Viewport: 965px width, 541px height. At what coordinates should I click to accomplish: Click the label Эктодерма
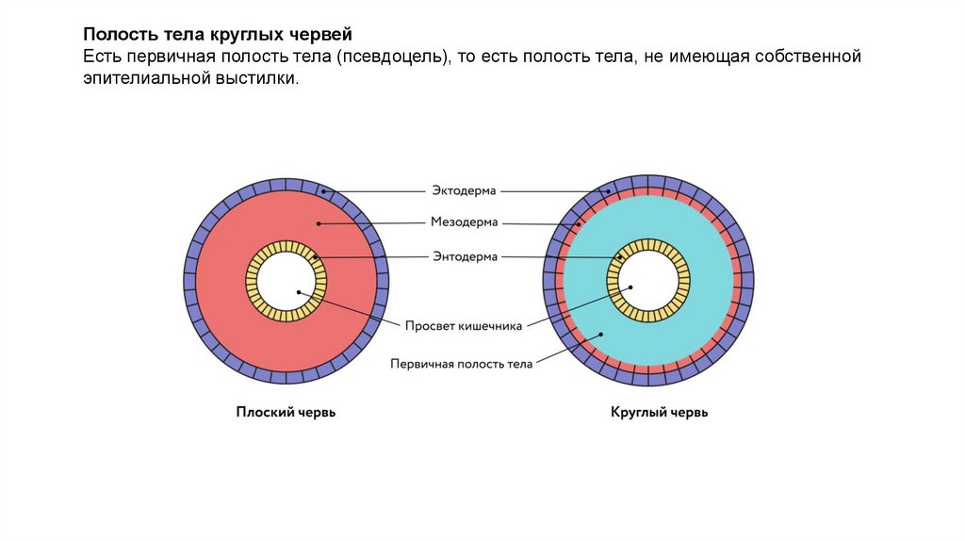pyautogui.click(x=465, y=189)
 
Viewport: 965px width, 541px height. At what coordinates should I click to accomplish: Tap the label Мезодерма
pyautogui.click(x=465, y=222)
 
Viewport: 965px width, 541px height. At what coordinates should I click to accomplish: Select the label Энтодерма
pyautogui.click(x=465, y=255)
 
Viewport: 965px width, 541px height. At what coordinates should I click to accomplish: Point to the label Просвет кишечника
pyautogui.click(x=464, y=326)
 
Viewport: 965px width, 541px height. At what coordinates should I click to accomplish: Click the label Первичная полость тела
pyautogui.click(x=462, y=363)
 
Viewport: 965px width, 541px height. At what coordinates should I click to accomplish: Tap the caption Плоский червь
pyautogui.click(x=286, y=412)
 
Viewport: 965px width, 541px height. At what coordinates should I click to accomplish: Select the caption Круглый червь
pyautogui.click(x=646, y=412)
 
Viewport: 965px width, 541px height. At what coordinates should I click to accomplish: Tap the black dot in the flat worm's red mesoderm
pyautogui.click(x=320, y=223)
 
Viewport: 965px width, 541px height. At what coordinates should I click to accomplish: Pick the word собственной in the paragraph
pyautogui.click(x=808, y=58)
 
